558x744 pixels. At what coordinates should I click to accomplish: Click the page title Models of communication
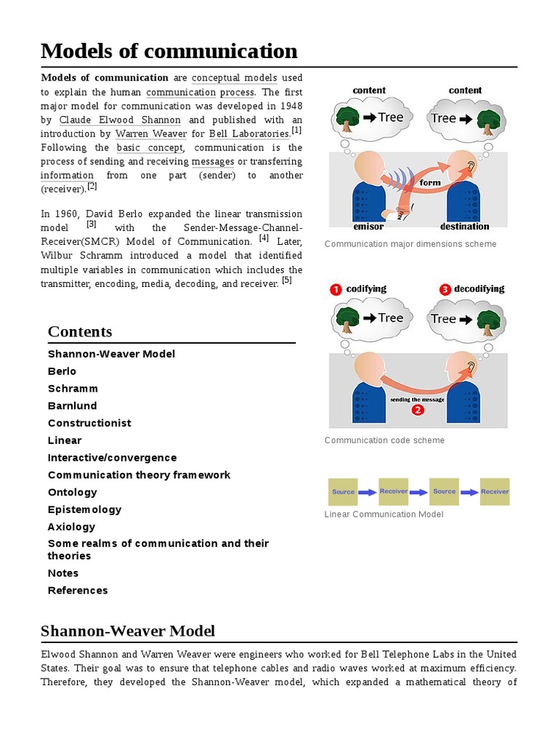click(x=169, y=51)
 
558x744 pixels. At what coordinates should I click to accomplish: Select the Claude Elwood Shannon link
click(x=120, y=120)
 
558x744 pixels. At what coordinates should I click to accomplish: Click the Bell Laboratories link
click(x=248, y=134)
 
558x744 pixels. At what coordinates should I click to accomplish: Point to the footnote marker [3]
click(x=92, y=224)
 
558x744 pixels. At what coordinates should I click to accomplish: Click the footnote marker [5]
click(x=287, y=280)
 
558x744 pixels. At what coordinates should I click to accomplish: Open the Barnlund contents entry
click(x=72, y=406)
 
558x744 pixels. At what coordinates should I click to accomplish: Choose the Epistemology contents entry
click(x=84, y=509)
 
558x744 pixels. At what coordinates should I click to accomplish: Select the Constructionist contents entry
click(x=89, y=423)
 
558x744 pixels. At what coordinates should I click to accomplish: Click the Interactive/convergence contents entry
click(x=112, y=458)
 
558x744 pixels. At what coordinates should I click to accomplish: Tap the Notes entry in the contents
click(x=63, y=573)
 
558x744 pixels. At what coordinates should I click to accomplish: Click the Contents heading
click(x=80, y=332)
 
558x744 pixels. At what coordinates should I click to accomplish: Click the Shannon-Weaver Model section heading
click(x=128, y=631)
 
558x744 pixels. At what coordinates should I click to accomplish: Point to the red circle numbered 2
click(x=418, y=410)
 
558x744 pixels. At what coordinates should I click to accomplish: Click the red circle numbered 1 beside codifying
click(x=336, y=289)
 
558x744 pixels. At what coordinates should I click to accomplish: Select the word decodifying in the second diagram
click(x=479, y=289)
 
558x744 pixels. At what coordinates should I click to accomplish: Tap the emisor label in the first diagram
click(x=368, y=227)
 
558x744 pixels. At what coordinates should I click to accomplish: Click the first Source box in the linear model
click(x=343, y=492)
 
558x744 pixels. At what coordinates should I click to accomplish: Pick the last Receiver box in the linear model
click(x=495, y=492)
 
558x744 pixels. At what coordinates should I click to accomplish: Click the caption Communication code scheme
click(x=384, y=440)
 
